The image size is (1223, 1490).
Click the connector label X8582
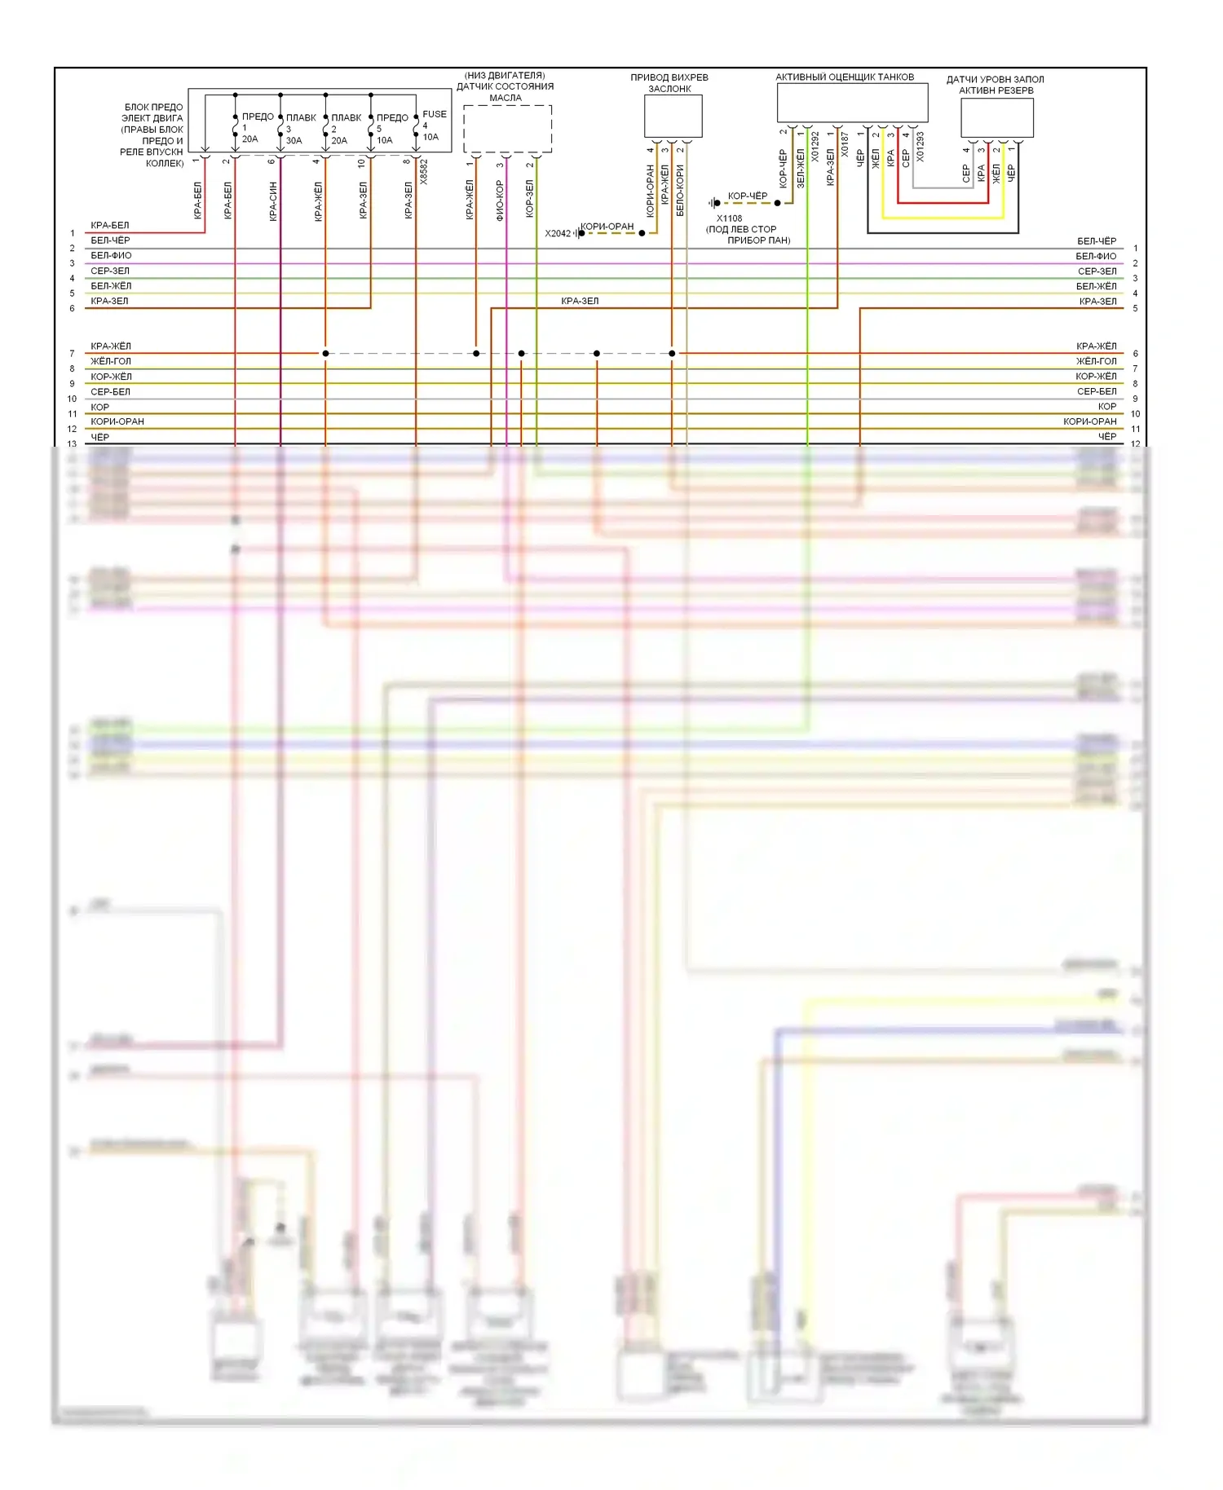click(424, 172)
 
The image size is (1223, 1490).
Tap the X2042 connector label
click(558, 234)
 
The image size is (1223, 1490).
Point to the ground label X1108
click(729, 218)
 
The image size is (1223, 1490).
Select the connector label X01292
click(815, 147)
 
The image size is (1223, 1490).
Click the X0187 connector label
click(845, 145)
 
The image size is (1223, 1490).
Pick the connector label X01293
click(921, 147)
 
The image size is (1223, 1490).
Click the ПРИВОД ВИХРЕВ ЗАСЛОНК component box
click(673, 117)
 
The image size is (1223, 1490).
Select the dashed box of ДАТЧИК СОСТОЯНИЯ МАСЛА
click(507, 129)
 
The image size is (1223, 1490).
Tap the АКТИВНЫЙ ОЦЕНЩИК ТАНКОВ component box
click(852, 104)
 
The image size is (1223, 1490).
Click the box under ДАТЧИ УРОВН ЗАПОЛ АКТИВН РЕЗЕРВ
click(996, 118)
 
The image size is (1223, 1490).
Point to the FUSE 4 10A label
click(433, 126)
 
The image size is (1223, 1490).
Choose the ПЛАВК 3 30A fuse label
click(299, 129)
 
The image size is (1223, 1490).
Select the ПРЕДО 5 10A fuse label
click(391, 129)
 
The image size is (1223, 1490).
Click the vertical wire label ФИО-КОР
click(500, 201)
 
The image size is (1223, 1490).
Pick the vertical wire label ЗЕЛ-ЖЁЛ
click(800, 168)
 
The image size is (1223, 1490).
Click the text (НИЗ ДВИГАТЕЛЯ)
click(505, 76)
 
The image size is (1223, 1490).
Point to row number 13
click(72, 444)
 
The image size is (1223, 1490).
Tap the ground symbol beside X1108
click(714, 203)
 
